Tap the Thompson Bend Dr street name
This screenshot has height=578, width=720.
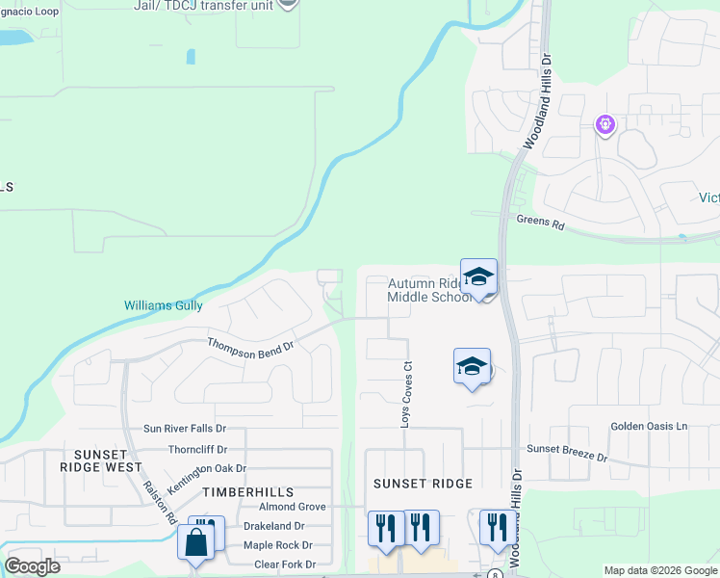(x=250, y=349)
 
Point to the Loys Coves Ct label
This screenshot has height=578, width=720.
(x=406, y=395)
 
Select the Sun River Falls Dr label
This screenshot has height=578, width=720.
(x=184, y=429)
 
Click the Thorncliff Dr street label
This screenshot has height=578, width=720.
(x=197, y=449)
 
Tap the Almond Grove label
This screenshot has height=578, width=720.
(x=292, y=507)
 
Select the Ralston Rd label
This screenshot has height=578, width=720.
(x=159, y=501)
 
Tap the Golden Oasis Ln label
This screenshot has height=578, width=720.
(x=650, y=426)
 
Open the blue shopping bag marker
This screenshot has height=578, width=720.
(x=195, y=542)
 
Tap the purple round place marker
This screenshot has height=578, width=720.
(x=605, y=123)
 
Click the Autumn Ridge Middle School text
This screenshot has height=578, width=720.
(x=429, y=290)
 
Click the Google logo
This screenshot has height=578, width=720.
(x=32, y=566)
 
